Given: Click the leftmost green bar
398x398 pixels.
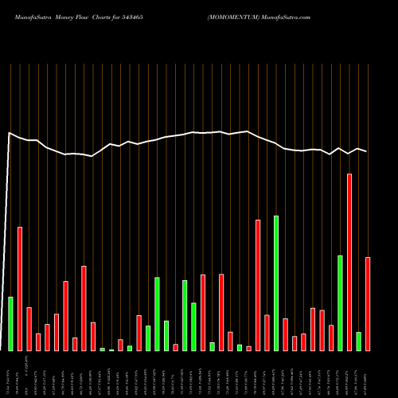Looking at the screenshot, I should (x=10, y=323).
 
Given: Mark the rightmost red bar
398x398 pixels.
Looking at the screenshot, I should (x=368, y=303).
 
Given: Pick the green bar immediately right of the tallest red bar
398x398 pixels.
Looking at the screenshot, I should (x=358, y=341).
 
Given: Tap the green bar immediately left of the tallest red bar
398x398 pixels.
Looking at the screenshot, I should (x=340, y=302).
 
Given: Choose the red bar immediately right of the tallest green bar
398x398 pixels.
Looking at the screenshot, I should (x=285, y=334).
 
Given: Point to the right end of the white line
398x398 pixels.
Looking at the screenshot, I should (x=367, y=151).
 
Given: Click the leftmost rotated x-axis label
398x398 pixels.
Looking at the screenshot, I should (x=9, y=374).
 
